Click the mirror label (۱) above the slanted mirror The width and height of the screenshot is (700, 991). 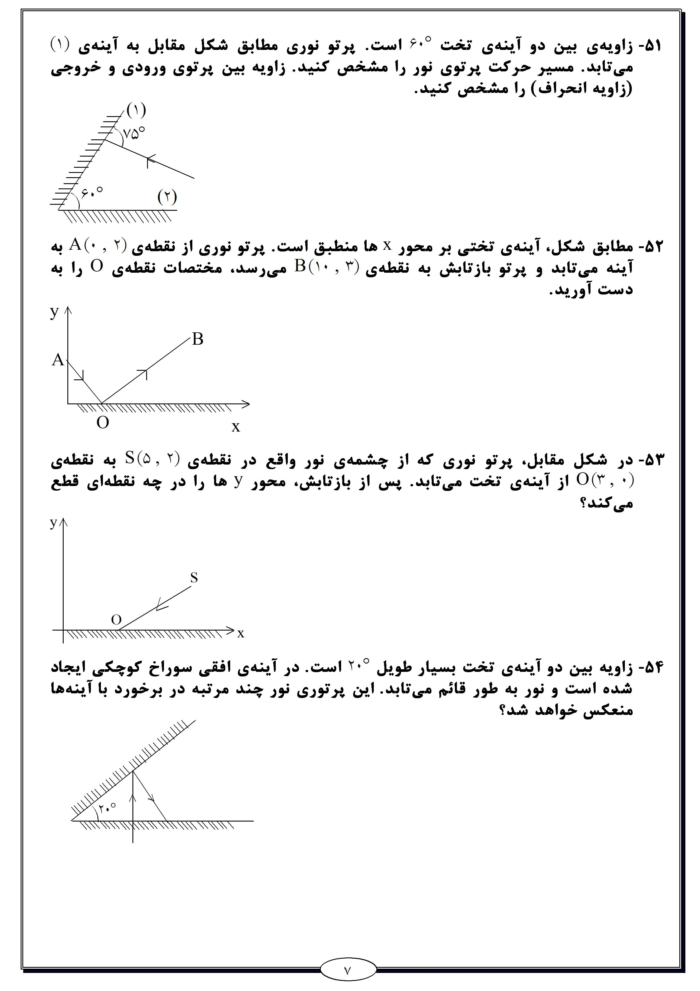(x=136, y=110)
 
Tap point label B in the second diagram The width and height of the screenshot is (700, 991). (x=198, y=339)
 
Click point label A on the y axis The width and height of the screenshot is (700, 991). (x=58, y=360)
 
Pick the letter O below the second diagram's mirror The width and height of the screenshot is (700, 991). (x=103, y=423)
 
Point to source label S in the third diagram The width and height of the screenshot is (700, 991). (x=194, y=578)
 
